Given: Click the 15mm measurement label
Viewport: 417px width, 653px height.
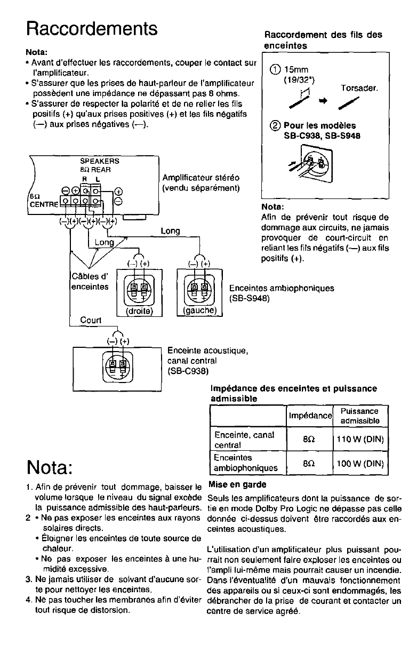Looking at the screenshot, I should [296, 69].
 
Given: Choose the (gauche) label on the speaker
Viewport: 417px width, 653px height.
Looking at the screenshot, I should [199, 310].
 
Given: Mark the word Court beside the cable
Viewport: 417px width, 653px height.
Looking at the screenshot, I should [90, 320].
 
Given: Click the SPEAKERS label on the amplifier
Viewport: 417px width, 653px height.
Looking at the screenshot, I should [99, 160].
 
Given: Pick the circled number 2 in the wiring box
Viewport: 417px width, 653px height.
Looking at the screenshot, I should [276, 126].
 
